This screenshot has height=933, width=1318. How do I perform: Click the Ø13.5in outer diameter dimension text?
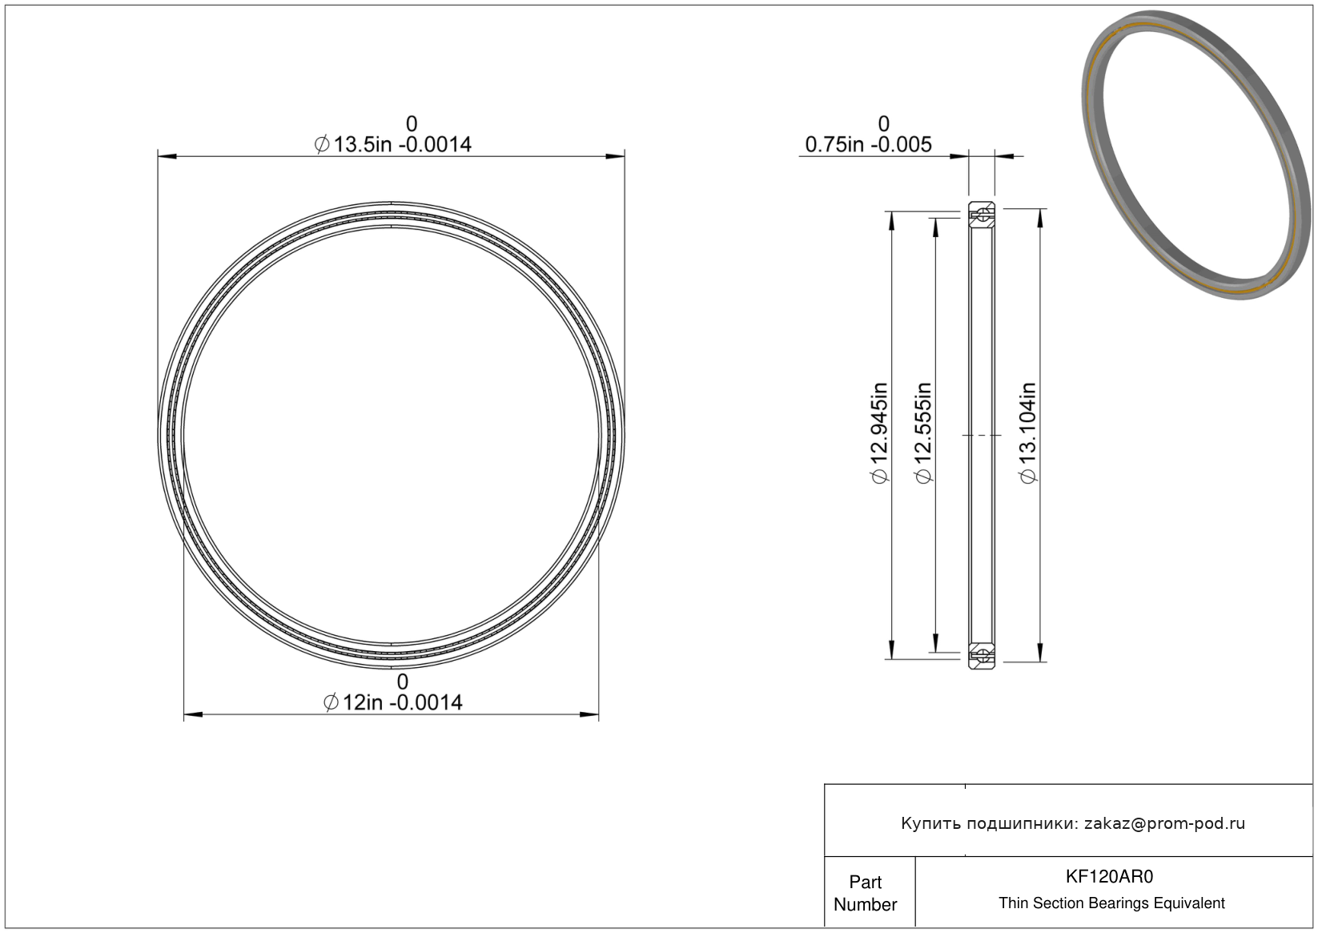pyautogui.click(x=392, y=145)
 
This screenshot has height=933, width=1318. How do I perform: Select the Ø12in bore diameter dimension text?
pyautogui.click(x=392, y=703)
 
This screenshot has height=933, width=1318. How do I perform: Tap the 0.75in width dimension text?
pyautogui.click(x=868, y=145)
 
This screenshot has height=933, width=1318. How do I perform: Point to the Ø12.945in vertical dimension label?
pyautogui.click(x=879, y=433)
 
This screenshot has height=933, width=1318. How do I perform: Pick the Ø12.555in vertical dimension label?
pyautogui.click(x=924, y=433)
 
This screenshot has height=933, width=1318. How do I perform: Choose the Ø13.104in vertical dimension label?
pyautogui.click(x=1028, y=433)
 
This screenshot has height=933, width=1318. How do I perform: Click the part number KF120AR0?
pyautogui.click(x=1109, y=877)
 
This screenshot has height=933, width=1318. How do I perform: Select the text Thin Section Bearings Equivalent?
pyautogui.click(x=1111, y=903)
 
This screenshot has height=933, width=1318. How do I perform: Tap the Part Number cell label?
pyautogui.click(x=865, y=893)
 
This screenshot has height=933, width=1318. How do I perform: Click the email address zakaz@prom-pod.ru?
pyautogui.click(x=1164, y=823)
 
